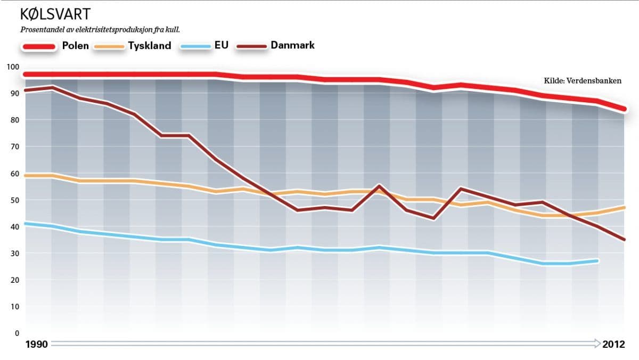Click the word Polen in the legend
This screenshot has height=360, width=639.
click(x=76, y=45)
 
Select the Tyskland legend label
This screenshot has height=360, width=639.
click(x=150, y=46)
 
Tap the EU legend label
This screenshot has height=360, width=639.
click(x=222, y=45)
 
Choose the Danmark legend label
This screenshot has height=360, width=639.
click(x=292, y=45)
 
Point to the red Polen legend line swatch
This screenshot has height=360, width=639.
click(x=39, y=47)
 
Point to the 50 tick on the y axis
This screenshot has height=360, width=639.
click(x=14, y=200)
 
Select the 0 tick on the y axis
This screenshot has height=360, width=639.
click(x=17, y=333)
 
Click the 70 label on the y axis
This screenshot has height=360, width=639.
click(x=14, y=146)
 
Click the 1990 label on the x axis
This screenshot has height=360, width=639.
click(x=37, y=345)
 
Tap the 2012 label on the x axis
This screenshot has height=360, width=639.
click(x=614, y=345)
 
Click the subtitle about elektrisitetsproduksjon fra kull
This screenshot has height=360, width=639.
click(x=104, y=29)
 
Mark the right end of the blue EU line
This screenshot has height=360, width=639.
click(x=598, y=261)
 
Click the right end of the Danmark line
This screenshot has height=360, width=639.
click(x=624, y=240)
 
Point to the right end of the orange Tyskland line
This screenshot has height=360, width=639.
click(x=624, y=208)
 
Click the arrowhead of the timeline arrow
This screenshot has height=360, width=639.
click(x=596, y=345)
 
